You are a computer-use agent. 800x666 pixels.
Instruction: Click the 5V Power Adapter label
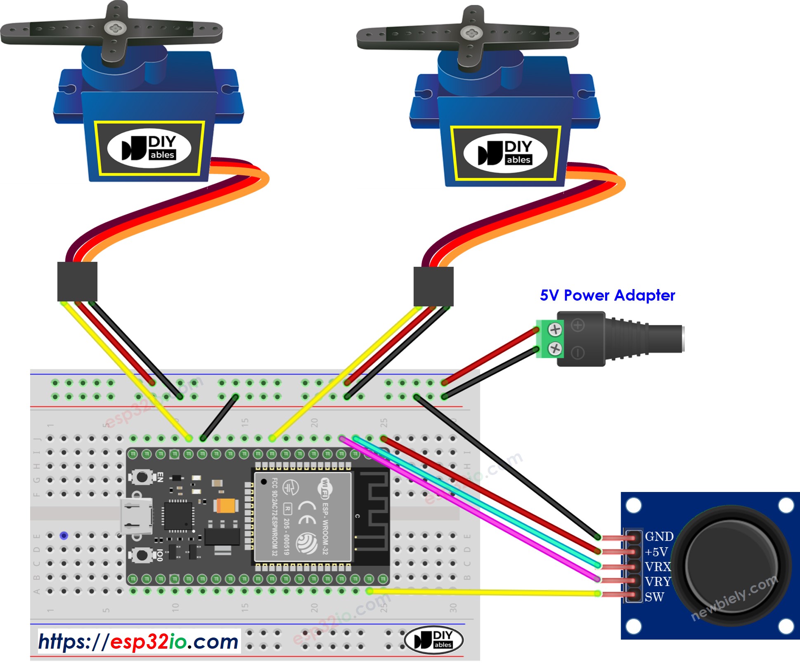coord(607,295)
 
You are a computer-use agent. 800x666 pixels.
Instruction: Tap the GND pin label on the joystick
coord(659,537)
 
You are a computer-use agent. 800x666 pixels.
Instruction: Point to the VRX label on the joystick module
coord(658,567)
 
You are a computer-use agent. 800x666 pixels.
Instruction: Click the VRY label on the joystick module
coord(658,582)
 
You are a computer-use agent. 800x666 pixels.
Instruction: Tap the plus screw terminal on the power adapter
coord(555,329)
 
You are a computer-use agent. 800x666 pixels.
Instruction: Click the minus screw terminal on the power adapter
coord(555,349)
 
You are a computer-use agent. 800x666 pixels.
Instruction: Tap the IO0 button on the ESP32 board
coord(142,555)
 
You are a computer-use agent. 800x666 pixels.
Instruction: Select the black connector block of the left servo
coord(77,281)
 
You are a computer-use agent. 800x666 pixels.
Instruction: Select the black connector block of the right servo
coord(433,286)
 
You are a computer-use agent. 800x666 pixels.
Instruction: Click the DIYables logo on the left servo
coord(149,148)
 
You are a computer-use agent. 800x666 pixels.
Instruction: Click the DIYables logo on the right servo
coord(505,153)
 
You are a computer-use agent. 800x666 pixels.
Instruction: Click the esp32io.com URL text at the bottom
coord(139,642)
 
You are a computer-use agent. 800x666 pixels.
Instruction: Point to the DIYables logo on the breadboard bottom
coord(433,640)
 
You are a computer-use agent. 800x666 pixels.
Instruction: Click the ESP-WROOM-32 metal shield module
coord(303,517)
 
